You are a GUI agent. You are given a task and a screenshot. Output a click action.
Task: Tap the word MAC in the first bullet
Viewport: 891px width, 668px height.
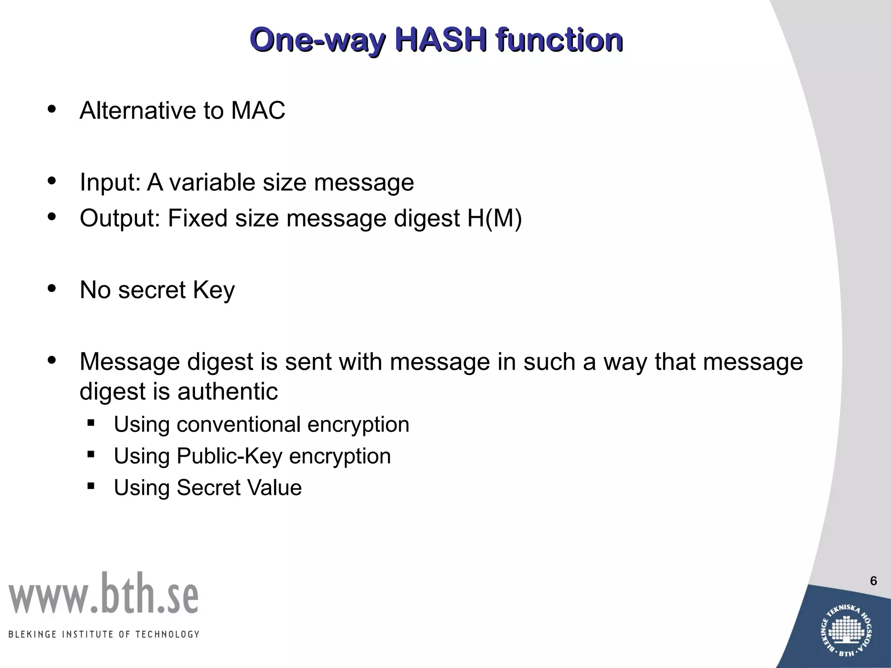pos(258,110)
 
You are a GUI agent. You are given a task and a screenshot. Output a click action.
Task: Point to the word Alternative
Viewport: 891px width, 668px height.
pos(137,110)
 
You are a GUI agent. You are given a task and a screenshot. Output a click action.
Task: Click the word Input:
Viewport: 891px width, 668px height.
pos(110,182)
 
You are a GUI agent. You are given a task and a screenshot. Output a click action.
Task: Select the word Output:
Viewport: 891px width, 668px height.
pos(120,218)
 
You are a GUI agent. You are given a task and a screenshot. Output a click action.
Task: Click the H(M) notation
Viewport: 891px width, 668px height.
pos(495,218)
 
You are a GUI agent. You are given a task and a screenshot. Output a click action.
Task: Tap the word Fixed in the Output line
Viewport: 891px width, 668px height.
pos(197,218)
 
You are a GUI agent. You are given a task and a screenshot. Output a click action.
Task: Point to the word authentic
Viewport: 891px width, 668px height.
pos(227,391)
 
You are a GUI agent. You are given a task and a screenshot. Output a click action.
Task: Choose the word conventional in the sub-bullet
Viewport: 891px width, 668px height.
pos(238,424)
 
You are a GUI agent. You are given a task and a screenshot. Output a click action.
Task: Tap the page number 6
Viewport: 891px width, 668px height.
pos(873,581)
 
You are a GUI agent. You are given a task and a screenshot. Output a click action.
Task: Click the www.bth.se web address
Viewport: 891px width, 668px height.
pos(104,594)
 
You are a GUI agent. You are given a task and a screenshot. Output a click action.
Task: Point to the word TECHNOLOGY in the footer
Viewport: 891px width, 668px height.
pos(167,635)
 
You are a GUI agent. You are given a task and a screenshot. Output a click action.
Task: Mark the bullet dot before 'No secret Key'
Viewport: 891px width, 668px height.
pos(52,288)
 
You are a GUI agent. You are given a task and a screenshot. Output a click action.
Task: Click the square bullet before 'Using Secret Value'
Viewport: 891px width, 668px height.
pos(91,486)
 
